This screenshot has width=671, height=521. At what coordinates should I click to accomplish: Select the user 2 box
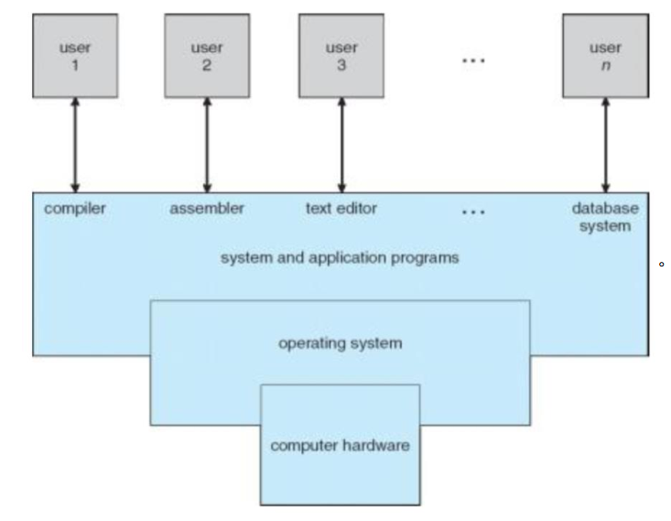coord(207,56)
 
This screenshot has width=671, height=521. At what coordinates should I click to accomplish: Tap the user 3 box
coord(341,56)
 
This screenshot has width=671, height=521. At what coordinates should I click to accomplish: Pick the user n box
coord(605,56)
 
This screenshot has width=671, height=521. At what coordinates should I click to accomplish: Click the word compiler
coord(74,209)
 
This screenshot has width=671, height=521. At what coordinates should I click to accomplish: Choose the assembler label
coord(207,209)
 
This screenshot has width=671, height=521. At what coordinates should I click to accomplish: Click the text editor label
coord(341,209)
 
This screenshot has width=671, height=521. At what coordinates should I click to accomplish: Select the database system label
coord(605,217)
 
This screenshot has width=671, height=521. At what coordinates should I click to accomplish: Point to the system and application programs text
coord(340,257)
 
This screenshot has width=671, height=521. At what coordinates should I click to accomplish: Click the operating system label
coord(340,343)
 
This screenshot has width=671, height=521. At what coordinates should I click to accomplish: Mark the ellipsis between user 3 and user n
coord(472,60)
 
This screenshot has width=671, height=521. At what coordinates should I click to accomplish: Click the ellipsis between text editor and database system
coord(472,212)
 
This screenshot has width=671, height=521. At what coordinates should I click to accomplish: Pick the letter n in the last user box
coord(605,67)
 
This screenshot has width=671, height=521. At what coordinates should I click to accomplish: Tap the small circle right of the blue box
coord(661,266)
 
